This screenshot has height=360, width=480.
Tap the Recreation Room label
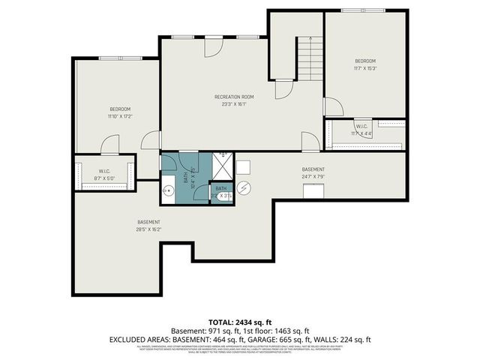(234, 97)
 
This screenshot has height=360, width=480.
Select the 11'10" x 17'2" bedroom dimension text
(119, 117)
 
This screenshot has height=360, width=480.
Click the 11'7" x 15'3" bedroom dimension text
(365, 68)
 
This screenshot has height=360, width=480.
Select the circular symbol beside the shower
(247, 188)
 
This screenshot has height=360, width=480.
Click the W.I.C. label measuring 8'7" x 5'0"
(104, 174)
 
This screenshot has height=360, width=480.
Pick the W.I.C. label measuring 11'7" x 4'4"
(361, 130)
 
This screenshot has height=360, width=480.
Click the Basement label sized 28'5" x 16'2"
(148, 226)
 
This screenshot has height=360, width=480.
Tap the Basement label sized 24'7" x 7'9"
(313, 173)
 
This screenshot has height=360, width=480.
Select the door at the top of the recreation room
(214, 45)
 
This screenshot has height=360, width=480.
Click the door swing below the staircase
(283, 89)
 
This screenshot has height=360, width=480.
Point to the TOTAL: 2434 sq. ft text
(239, 320)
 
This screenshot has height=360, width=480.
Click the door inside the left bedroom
(109, 143)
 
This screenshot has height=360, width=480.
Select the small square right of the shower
(244, 166)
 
